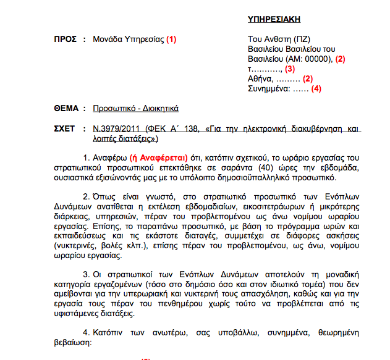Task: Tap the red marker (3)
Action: click(x=289, y=69)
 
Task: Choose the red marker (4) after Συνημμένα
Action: click(x=316, y=89)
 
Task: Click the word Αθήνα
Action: click(x=259, y=79)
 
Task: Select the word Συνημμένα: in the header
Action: click(x=268, y=89)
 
